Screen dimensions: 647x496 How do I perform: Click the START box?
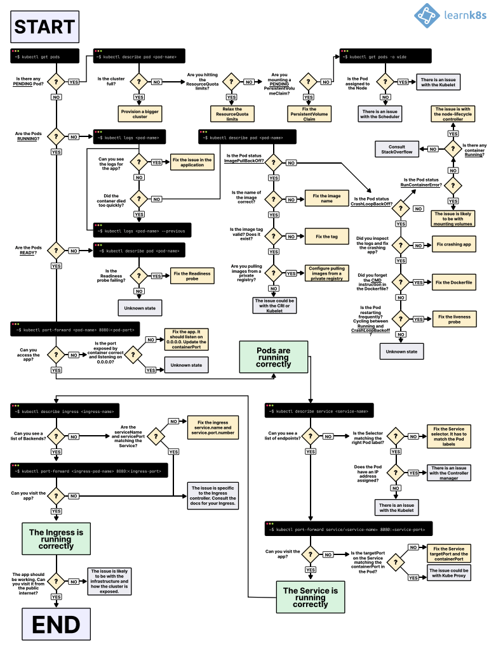click(x=44, y=27)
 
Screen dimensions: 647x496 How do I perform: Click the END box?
click(x=55, y=624)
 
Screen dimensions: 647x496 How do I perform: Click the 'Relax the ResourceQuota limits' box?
click(x=232, y=114)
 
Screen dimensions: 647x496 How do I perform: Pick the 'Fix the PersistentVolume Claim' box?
click(x=309, y=114)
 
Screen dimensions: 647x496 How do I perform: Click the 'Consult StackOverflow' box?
click(x=397, y=149)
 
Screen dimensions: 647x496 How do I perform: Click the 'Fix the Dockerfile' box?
click(x=453, y=282)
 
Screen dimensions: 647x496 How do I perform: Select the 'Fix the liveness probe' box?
click(x=453, y=319)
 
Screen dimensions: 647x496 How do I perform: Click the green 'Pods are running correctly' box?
click(x=274, y=356)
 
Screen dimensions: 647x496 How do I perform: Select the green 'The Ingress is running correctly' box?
click(x=55, y=539)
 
